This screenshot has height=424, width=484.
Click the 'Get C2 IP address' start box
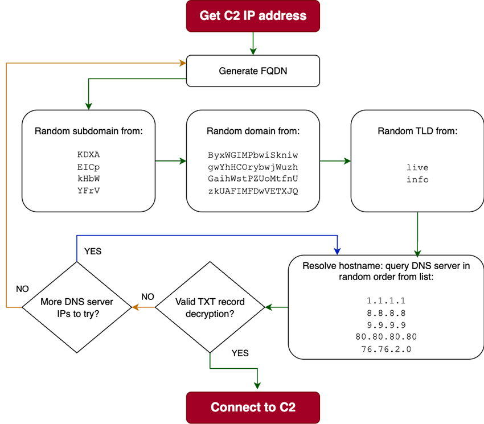pos(253,15)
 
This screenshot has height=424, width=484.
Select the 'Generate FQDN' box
pos(253,71)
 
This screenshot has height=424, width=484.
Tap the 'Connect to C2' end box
pos(253,407)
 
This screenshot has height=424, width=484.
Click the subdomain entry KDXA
pos(89,155)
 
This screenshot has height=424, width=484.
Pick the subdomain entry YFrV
pos(89,191)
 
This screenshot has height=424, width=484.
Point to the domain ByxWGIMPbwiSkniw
pos(253,155)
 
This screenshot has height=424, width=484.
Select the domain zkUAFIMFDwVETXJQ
pos(253,191)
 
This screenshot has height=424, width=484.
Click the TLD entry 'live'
pos(417,167)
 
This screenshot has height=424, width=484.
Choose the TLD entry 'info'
pos(417,180)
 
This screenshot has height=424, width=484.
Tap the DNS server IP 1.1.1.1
pos(386,300)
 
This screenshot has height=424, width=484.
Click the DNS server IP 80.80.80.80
pos(386,337)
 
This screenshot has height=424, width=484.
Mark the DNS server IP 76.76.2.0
pos(386,349)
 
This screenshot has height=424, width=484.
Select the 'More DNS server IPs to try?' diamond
pos(76,307)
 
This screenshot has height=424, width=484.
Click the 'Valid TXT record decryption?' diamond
pos(210,307)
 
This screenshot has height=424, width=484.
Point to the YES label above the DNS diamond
pos(93,251)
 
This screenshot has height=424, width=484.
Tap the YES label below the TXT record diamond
pos(240,353)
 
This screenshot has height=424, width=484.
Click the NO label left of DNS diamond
pos(22,289)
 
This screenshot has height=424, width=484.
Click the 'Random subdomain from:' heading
pos(89,131)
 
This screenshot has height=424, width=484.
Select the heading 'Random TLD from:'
pos(417,131)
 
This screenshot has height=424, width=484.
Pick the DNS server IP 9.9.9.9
pos(386,325)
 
